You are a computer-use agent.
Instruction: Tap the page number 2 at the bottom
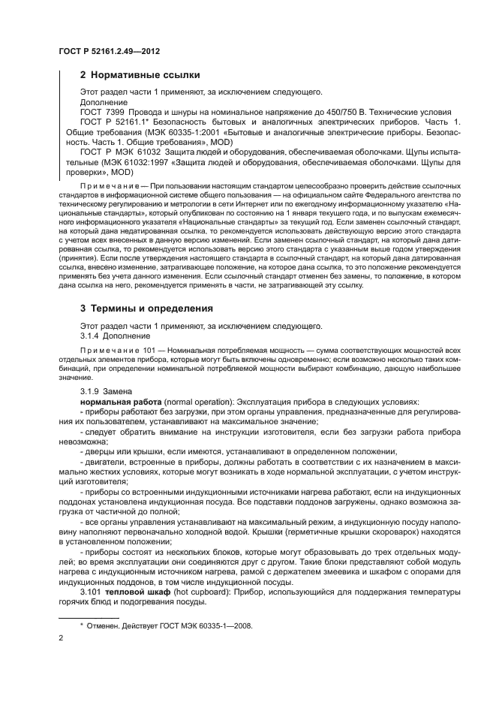pyautogui.click(x=62, y=638)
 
